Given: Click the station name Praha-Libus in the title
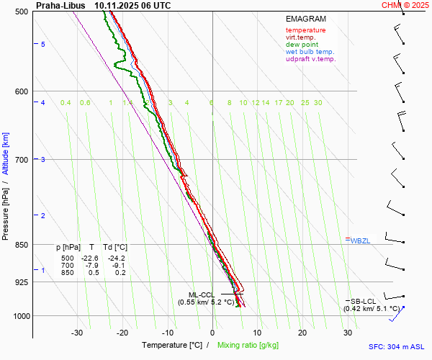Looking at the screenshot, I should coord(61,5).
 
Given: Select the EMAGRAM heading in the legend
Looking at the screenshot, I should coord(305,19).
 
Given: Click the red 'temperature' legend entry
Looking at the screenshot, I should coord(305,30).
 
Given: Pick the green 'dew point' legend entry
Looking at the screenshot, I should coord(302,45).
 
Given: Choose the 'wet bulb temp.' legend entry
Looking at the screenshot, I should coord(310,52).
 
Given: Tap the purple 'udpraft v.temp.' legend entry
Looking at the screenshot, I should coord(310,59).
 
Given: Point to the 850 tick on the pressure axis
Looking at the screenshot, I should coord(20,245).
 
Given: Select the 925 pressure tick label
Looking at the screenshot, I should coord(20,282).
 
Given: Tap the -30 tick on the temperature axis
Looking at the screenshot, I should coord(77,333).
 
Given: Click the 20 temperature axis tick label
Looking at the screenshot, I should coord(302,333).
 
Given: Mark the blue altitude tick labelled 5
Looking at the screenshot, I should coord(43,45).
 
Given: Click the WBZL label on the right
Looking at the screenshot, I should coord(360,240).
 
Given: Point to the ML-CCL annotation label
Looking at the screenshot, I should coord(201,294).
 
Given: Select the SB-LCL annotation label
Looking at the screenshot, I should coord(364,301).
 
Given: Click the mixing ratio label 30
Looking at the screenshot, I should coord(318,103).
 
